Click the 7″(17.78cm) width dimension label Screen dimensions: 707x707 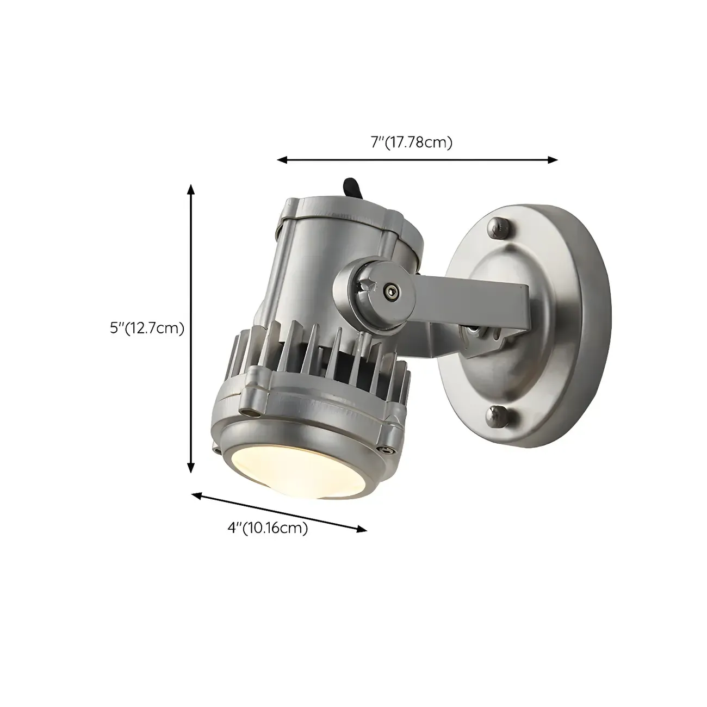412,143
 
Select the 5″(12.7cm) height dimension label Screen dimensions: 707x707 147,328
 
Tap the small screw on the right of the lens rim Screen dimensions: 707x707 387,450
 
